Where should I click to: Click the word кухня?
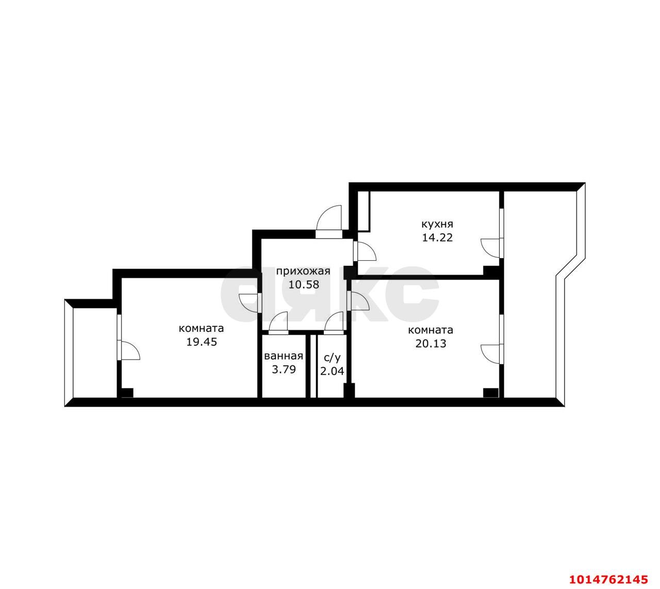tap(437, 224)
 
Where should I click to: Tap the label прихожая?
tap(303, 271)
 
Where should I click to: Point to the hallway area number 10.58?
tap(303, 284)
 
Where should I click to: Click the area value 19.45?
tap(201, 342)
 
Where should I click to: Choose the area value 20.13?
tap(431, 343)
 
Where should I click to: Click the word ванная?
tap(283, 356)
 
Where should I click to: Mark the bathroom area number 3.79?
tap(283, 369)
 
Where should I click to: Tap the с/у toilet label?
tap(332, 357)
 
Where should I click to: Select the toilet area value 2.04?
tap(332, 370)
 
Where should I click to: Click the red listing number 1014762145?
tap(607, 578)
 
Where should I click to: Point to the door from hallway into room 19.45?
tap(250, 302)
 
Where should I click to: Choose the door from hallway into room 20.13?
tap(359, 301)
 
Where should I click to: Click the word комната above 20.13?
tap(430, 330)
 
